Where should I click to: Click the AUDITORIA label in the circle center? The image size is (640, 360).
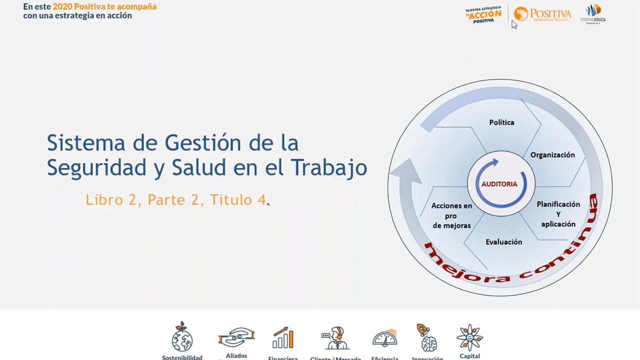pos(499,184)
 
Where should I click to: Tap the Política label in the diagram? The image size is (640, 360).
pos(501,122)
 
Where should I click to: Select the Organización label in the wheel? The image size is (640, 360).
pos(552,155)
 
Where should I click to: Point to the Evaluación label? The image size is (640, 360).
pos(503,242)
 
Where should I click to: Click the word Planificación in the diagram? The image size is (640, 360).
pos(558,204)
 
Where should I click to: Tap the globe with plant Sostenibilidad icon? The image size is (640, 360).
pos(182,337)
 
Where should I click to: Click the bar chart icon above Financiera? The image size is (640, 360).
pos(282,338)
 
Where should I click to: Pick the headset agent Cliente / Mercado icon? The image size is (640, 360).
pos(335,338)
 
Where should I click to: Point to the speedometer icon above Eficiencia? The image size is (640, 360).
pos(385,338)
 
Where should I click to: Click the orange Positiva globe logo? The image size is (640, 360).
pos(521,13)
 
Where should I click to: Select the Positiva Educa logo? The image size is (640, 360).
pos(593,13)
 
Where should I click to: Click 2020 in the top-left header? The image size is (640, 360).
pos(62,7)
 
